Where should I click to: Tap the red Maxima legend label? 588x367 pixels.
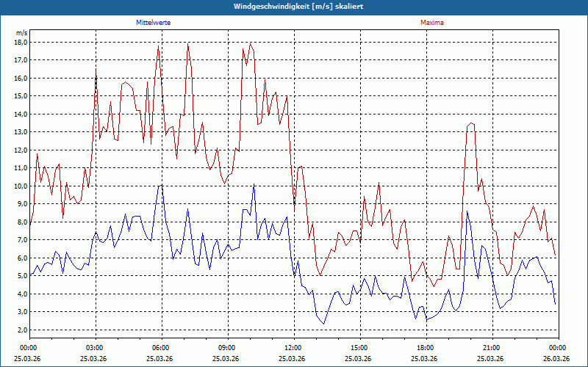pyautogui.click(x=432, y=23)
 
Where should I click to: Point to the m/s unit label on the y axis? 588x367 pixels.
pyautogui.click(x=21, y=33)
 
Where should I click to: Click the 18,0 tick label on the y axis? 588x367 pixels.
pyautogui.click(x=21, y=42)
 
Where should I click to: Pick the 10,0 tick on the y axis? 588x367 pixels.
pyautogui.click(x=21, y=186)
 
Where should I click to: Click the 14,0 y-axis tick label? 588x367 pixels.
pyautogui.click(x=21, y=114)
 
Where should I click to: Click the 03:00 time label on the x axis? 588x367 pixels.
pyautogui.click(x=95, y=347)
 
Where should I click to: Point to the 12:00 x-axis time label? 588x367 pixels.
pyautogui.click(x=293, y=347)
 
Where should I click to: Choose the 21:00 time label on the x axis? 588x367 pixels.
pyautogui.click(x=492, y=347)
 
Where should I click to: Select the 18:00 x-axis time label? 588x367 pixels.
pyautogui.click(x=426, y=347)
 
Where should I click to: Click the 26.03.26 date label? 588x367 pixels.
pyautogui.click(x=557, y=358)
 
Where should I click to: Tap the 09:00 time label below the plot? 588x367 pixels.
pyautogui.click(x=227, y=347)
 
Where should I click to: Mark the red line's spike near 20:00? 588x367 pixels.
pyautogui.click(x=471, y=123)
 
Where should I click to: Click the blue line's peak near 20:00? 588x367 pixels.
pyautogui.click(x=467, y=212)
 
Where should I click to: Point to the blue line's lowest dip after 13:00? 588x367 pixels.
pyautogui.click(x=323, y=323)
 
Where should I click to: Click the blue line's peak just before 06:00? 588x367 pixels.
pyautogui.click(x=159, y=186)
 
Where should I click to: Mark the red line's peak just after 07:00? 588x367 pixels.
pyautogui.click(x=188, y=46)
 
